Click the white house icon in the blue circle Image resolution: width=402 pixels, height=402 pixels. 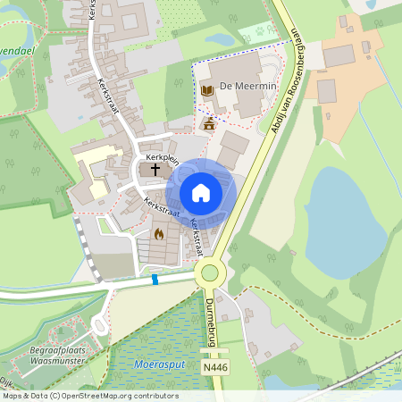coord(201,192)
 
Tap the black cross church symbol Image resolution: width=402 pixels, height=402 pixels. coord(155,168)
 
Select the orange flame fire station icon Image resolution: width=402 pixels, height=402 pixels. coord(159,234)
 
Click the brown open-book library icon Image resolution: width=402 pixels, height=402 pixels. coord(207,90)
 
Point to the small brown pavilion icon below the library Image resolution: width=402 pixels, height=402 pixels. coord(209,123)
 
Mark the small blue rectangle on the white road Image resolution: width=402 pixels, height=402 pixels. coord(155,280)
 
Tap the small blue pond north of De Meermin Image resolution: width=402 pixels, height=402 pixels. coord(220,39)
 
